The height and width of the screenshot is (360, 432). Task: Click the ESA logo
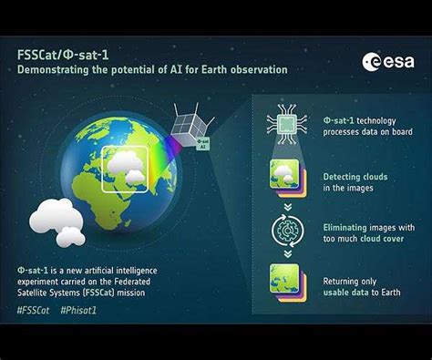click(388, 61)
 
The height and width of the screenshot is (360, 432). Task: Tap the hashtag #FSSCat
click(34, 310)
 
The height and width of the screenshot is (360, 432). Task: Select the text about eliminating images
click(368, 230)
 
